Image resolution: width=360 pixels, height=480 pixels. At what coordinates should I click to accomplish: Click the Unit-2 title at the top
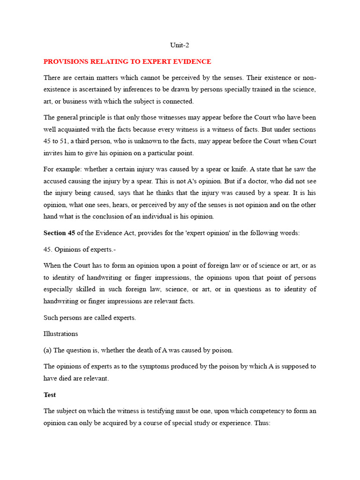click(x=180, y=45)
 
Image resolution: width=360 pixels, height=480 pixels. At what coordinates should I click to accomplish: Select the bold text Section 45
click(x=59, y=232)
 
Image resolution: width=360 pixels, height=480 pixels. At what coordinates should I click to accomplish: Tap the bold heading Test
click(x=50, y=395)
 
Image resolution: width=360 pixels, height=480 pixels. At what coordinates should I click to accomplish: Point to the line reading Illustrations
click(x=60, y=334)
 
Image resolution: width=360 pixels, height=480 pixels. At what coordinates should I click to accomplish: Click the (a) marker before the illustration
click(x=48, y=350)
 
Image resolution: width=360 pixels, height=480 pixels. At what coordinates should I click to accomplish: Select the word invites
click(x=53, y=153)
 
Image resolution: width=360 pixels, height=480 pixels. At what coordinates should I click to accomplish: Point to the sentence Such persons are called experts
click(x=90, y=317)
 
